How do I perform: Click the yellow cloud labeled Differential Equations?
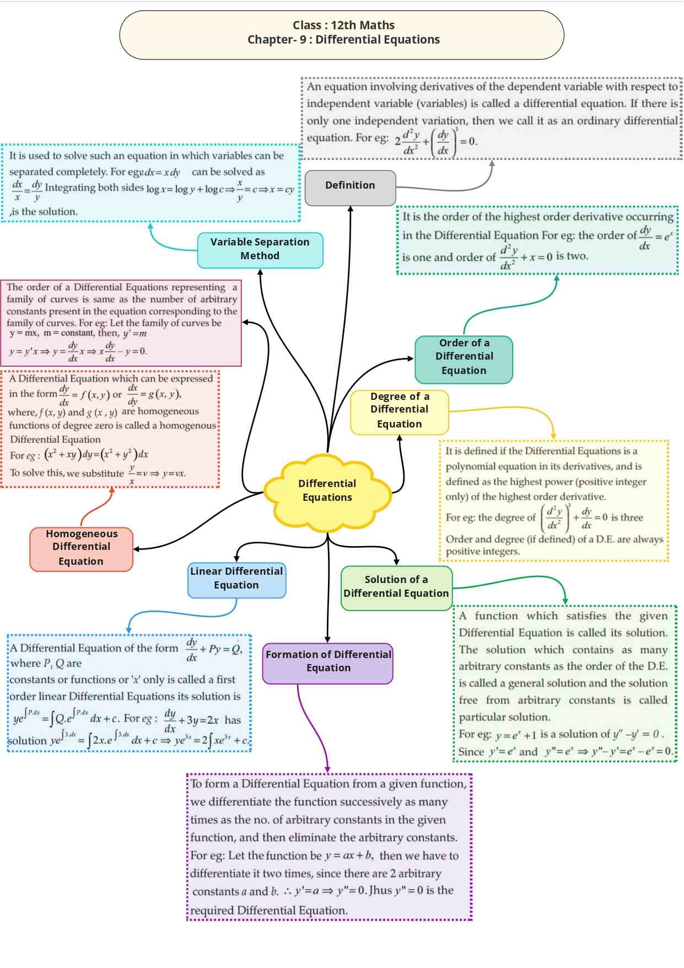pos(327,490)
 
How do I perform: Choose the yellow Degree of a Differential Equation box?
pos(400,411)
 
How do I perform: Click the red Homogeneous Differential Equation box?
pos(82,548)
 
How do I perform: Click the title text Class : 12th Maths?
pos(343,25)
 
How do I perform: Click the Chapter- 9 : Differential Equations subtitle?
pos(343,40)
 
